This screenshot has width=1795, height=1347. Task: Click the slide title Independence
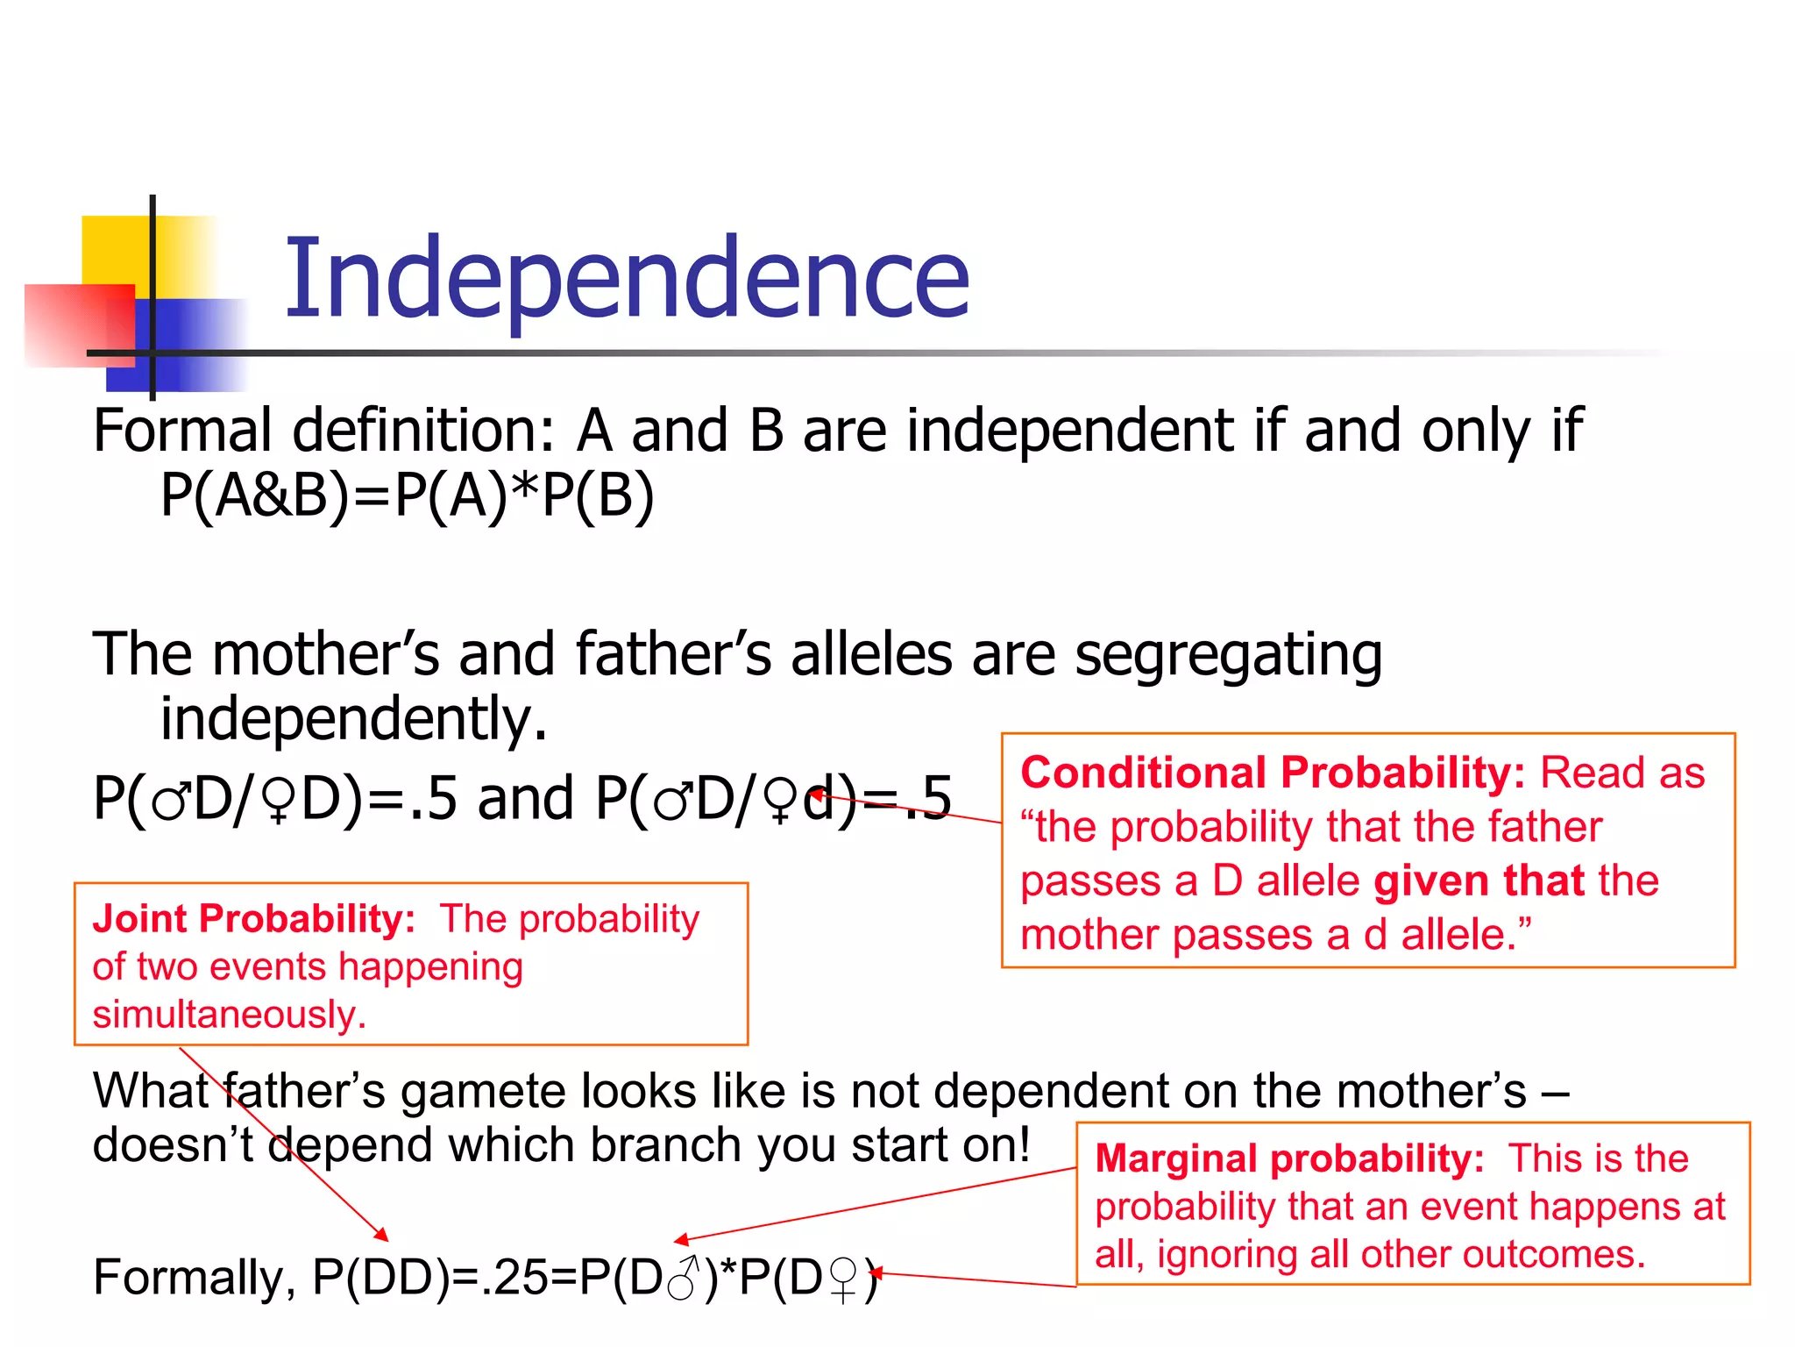coord(627,279)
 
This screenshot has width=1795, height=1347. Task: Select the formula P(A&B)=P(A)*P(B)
coord(408,495)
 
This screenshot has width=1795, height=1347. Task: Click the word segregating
coord(1227,656)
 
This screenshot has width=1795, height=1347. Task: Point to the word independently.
coord(352,719)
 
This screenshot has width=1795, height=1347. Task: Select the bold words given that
coord(1479,881)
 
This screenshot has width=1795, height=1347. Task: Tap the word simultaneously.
coord(229,1015)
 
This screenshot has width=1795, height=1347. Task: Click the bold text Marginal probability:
coord(1289,1159)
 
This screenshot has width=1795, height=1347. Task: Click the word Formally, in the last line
coord(195,1278)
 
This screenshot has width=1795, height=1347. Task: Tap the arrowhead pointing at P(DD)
coord(382,1236)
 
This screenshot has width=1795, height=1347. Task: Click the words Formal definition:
coord(323,431)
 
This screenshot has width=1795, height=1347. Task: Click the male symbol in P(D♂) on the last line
coord(684,1278)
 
